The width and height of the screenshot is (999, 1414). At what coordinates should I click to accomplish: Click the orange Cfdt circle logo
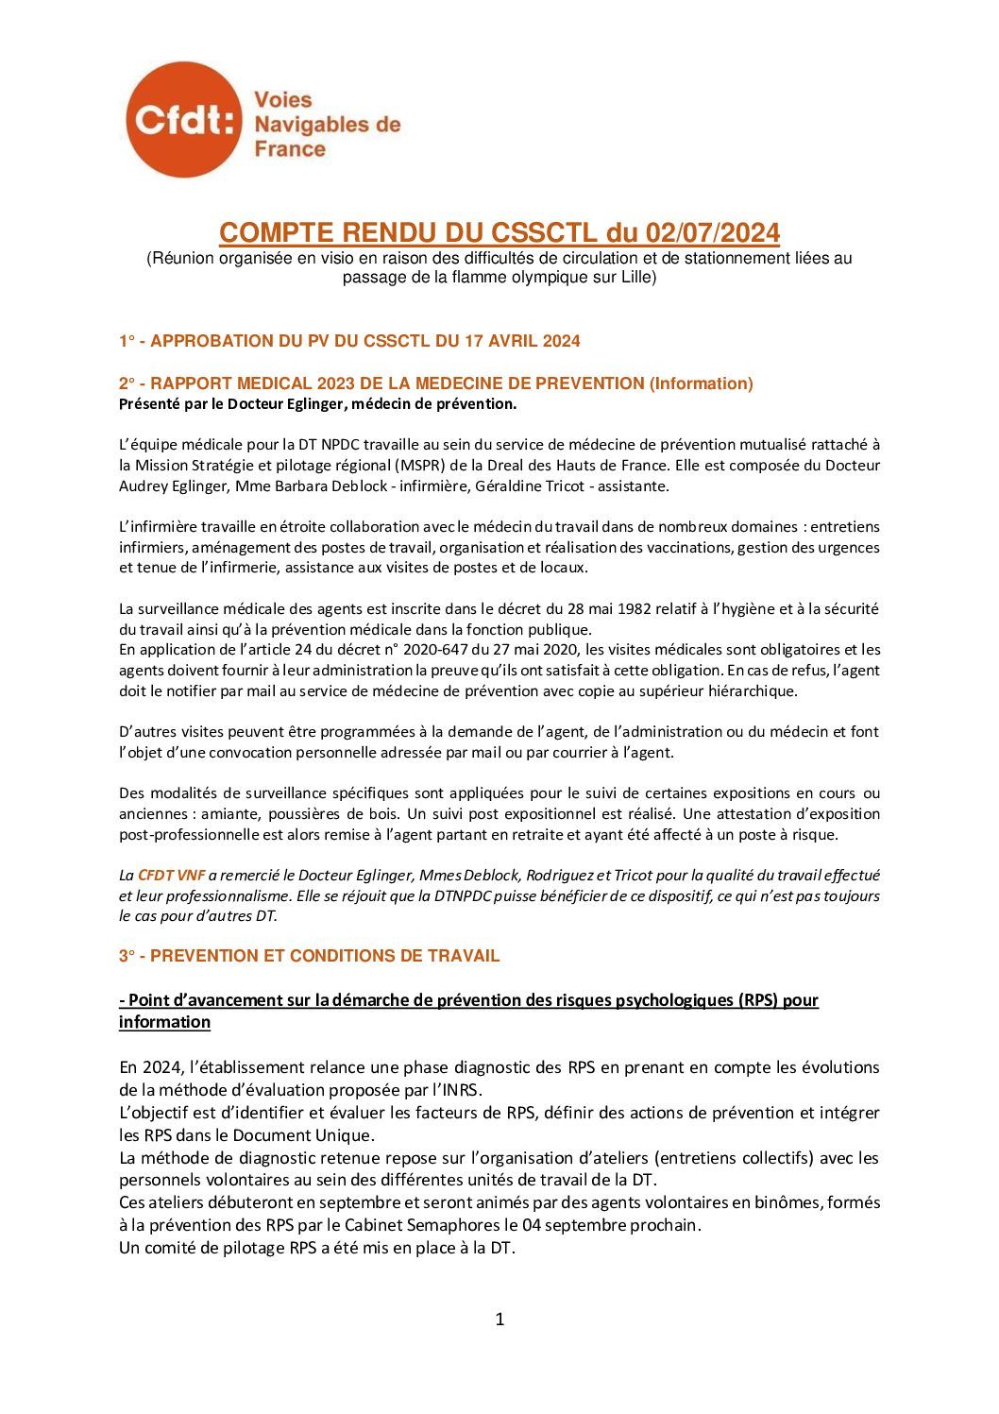(x=183, y=121)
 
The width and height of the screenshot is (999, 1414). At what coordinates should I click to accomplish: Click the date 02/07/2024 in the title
(x=712, y=232)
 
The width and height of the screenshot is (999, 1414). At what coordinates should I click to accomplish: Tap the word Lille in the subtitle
(x=634, y=278)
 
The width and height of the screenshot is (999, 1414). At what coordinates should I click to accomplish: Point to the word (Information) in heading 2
(x=701, y=383)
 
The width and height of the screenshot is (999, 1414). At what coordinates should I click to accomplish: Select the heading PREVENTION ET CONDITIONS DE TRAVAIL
(x=325, y=956)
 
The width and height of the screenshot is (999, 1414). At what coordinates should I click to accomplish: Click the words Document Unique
(x=311, y=1135)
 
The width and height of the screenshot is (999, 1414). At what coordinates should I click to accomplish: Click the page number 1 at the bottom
(x=499, y=1320)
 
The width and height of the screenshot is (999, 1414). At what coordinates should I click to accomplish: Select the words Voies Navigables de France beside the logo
(x=327, y=124)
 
